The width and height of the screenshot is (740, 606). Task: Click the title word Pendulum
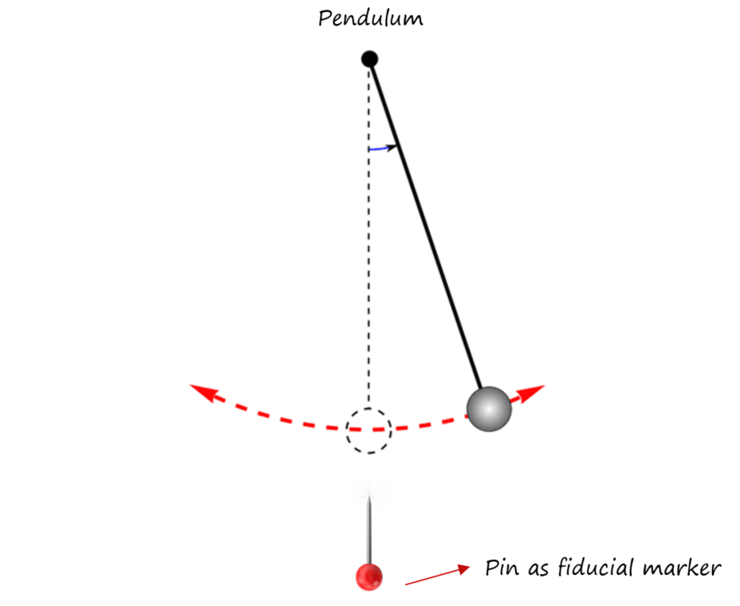point(371,18)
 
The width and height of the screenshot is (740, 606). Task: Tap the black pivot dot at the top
point(369,59)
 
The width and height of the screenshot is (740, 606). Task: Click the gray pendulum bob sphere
point(488,409)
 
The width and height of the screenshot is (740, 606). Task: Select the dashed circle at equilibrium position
point(368,431)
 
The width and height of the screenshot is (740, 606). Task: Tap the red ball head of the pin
point(368,576)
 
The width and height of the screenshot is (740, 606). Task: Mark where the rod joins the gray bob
point(482,388)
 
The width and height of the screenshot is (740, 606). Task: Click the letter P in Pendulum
point(324,18)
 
